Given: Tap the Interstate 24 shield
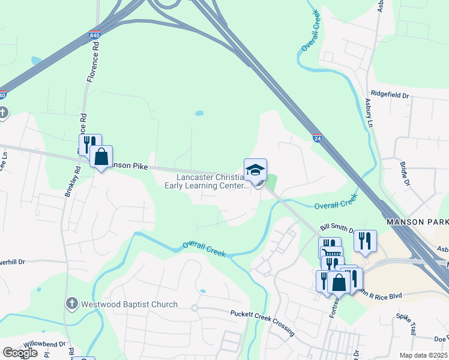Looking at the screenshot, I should tap(316, 137).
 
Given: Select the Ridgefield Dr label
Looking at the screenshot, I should tap(390, 95).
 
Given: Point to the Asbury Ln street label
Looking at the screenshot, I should tap(369, 113).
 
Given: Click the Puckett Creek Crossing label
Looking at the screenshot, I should tap(262, 322).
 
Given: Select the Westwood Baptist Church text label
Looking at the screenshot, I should tap(130, 304).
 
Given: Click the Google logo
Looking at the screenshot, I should tap(20, 353).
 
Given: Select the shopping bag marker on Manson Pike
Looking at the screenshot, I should tap(101, 157).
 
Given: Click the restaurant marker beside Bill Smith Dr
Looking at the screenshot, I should tap(365, 240).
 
